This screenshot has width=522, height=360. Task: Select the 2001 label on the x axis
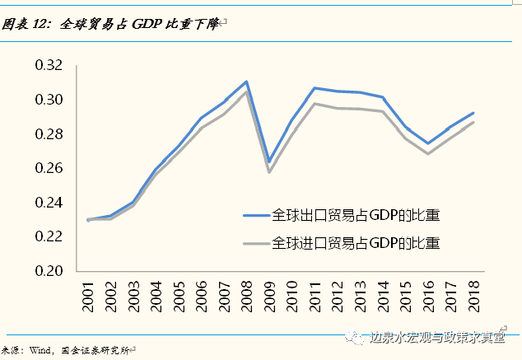[x=88, y=293]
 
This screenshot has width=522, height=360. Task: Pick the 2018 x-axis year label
[x=473, y=293]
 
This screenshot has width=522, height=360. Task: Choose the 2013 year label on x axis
[x=359, y=293]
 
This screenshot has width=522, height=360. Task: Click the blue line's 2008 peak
[x=246, y=82]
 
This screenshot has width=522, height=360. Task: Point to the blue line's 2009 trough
[x=268, y=161]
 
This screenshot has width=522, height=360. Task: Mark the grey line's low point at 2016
[x=428, y=154]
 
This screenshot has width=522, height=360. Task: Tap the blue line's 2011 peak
[x=314, y=87]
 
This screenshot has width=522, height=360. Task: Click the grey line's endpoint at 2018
[x=473, y=122]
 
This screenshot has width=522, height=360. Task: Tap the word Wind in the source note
[x=39, y=349]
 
